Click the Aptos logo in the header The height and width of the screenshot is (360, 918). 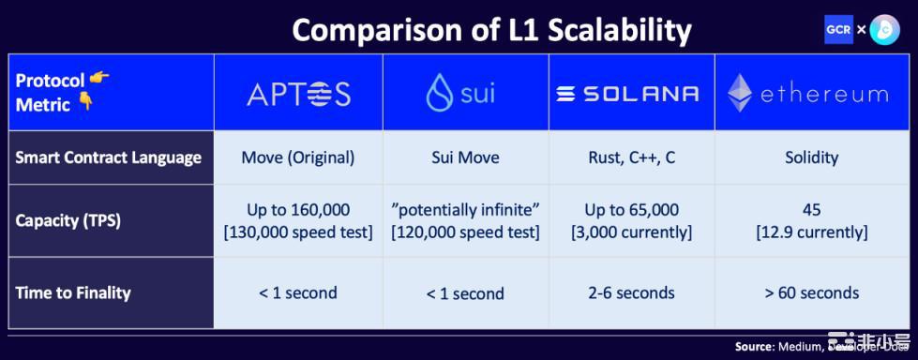(298, 94)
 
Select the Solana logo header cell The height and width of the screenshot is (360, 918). (632, 93)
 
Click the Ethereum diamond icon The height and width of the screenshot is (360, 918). (740, 93)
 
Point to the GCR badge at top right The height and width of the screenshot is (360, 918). (838, 29)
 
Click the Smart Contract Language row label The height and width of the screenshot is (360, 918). (109, 157)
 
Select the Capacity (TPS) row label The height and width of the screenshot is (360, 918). (68, 221)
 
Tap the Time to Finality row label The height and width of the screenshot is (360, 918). (73, 292)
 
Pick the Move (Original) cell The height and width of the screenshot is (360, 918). (298, 157)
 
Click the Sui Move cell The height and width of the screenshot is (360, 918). (466, 157)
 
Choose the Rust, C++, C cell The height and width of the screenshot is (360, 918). (632, 157)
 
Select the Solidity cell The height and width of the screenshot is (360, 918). (812, 157)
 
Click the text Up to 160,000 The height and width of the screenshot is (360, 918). (298, 210)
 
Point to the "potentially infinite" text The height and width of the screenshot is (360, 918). (466, 210)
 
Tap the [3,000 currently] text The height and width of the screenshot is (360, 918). (632, 233)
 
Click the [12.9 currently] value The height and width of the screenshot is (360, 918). (812, 233)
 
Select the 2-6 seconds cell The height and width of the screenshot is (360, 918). (632, 292)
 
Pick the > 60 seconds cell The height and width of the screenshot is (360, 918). (812, 292)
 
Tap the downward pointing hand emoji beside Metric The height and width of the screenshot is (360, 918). (85, 103)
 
